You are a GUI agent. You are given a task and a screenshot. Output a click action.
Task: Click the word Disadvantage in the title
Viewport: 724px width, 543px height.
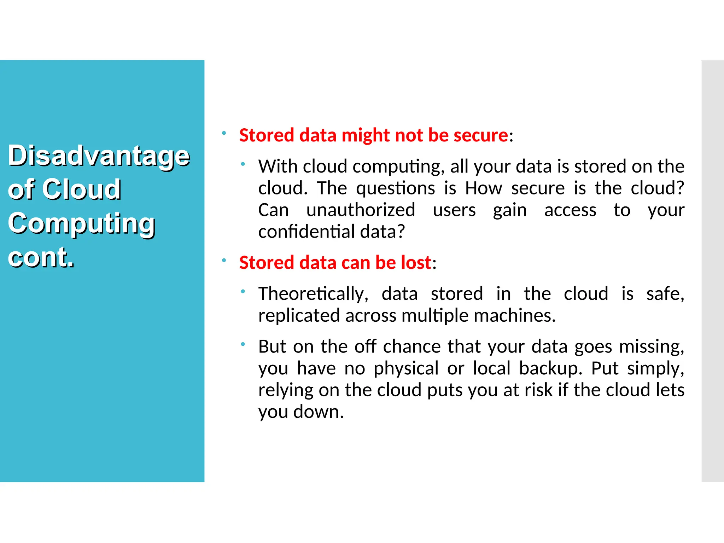(99, 156)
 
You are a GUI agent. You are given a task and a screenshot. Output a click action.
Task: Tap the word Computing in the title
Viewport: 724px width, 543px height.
(81, 223)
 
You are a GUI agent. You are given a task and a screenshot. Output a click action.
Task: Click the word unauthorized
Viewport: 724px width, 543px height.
(361, 210)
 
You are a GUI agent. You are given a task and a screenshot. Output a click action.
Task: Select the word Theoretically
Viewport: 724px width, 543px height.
(313, 294)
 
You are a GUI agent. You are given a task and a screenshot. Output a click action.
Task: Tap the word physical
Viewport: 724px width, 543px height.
(406, 368)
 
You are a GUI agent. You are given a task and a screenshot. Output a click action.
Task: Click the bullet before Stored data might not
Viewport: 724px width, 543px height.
(224, 133)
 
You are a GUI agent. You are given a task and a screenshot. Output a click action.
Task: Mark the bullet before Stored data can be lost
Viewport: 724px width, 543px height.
(224, 261)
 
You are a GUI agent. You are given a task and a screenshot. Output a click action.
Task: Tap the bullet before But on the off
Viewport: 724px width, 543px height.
(243, 344)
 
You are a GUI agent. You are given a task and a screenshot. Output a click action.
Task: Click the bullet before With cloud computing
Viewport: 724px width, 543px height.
(243, 164)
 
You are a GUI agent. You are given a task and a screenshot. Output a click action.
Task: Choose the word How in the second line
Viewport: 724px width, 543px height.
(483, 188)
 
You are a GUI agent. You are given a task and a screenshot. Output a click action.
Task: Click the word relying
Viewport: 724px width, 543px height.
(286, 390)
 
